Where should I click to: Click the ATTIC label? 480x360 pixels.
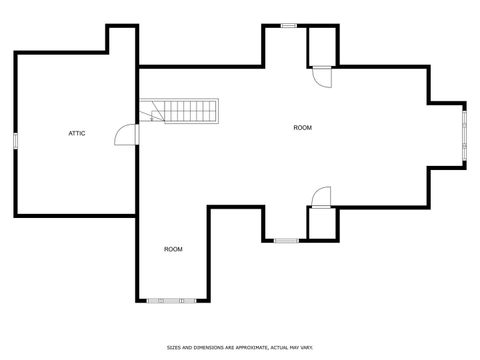(x=76, y=133)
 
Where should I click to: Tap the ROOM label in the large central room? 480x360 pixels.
(x=302, y=127)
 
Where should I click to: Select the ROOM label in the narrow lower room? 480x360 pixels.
(x=173, y=248)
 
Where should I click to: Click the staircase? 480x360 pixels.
(x=180, y=111)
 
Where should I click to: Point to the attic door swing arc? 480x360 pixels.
(x=125, y=133)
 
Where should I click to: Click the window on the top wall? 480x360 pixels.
(x=288, y=25)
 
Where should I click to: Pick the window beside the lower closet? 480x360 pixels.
(x=286, y=240)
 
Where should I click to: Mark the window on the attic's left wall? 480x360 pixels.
(x=15, y=140)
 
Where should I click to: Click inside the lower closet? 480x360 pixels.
(x=322, y=223)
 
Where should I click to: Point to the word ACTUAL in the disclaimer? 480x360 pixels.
(x=278, y=347)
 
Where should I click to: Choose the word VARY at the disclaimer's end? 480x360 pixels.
(x=307, y=347)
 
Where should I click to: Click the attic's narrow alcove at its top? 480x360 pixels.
(x=122, y=41)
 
